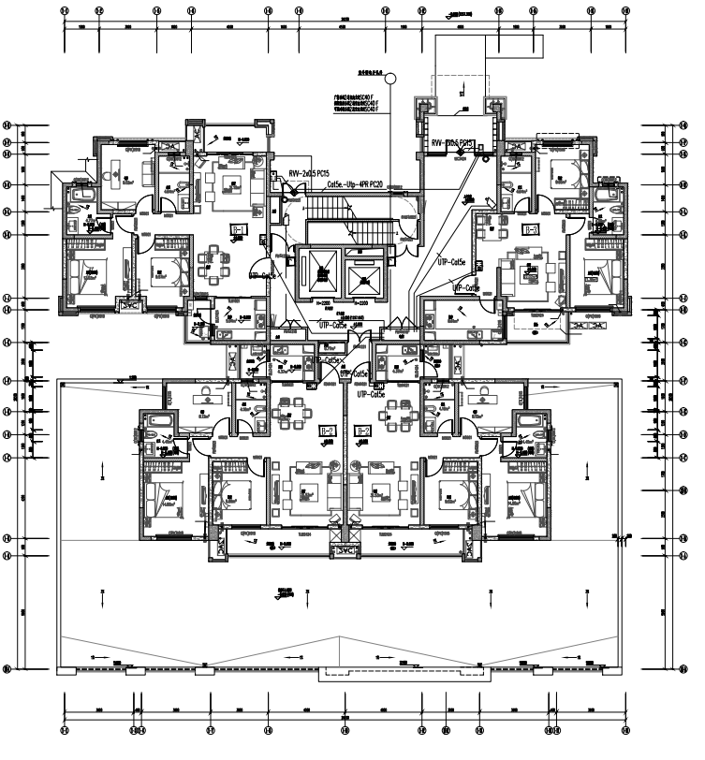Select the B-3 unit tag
[532, 228]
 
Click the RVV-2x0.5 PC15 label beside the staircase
[308, 173]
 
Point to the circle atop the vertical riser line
[392, 80]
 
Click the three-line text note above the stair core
[355, 103]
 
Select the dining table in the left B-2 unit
[285, 412]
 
